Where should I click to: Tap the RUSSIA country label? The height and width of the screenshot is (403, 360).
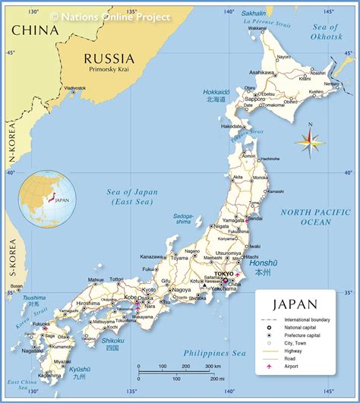click(109, 58)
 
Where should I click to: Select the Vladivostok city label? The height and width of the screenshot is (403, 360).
click(74, 88)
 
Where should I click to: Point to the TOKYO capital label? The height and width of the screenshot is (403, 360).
click(224, 273)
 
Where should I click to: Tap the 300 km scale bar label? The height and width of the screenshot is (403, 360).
click(211, 367)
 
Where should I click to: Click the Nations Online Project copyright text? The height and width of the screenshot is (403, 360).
click(110, 16)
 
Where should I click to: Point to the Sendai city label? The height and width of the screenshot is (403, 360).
click(256, 219)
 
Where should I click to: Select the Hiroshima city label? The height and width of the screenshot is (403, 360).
click(88, 303)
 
